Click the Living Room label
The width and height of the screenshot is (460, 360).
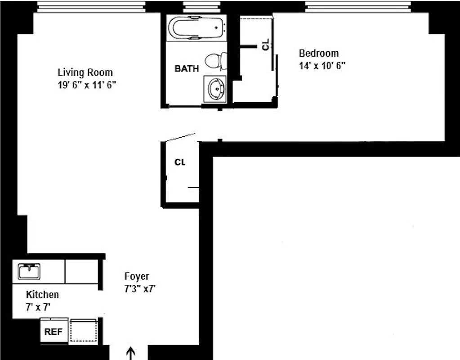[85, 72]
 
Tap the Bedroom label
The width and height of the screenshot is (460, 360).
[319, 54]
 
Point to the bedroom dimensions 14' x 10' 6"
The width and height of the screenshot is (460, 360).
[322, 66]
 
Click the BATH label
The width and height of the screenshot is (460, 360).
[187, 69]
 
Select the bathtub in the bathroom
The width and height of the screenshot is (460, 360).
[196, 28]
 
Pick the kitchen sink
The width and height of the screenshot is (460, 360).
[29, 271]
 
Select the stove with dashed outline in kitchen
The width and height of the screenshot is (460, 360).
[83, 331]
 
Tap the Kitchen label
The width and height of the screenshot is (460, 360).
[42, 295]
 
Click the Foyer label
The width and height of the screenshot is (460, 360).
[137, 276]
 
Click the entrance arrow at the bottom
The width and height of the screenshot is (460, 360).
[131, 353]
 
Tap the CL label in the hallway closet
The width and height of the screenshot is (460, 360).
[180, 162]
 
